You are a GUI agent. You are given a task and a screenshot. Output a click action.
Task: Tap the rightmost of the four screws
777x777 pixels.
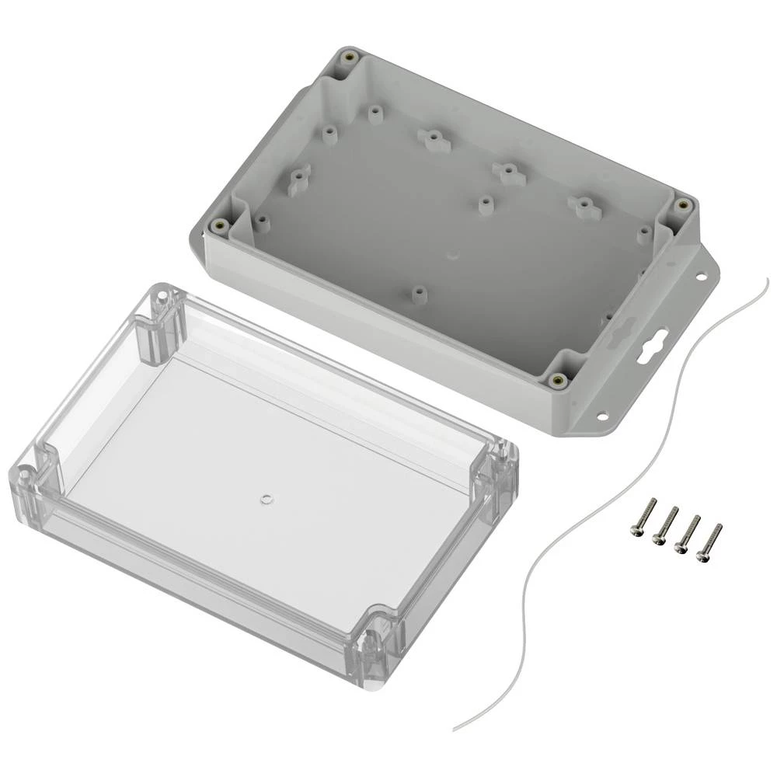[709, 542]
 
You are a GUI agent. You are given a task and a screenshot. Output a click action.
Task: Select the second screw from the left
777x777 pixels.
[664, 524]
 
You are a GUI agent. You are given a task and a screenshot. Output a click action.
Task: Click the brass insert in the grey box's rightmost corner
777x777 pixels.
[682, 204]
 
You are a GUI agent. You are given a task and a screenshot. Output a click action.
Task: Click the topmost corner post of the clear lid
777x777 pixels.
[162, 298]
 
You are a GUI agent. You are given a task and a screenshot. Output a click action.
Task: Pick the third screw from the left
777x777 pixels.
[687, 533]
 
